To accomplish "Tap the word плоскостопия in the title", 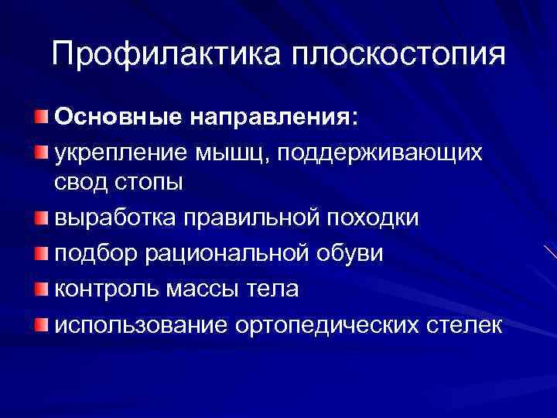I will pos(398,54).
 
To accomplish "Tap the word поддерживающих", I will pos(397,152).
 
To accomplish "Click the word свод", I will pos(79,185).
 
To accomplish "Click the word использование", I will pos(138,324).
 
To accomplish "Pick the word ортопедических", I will pos(324,324).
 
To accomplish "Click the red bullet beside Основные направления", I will pos(40,117).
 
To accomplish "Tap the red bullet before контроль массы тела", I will pos(40,289).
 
